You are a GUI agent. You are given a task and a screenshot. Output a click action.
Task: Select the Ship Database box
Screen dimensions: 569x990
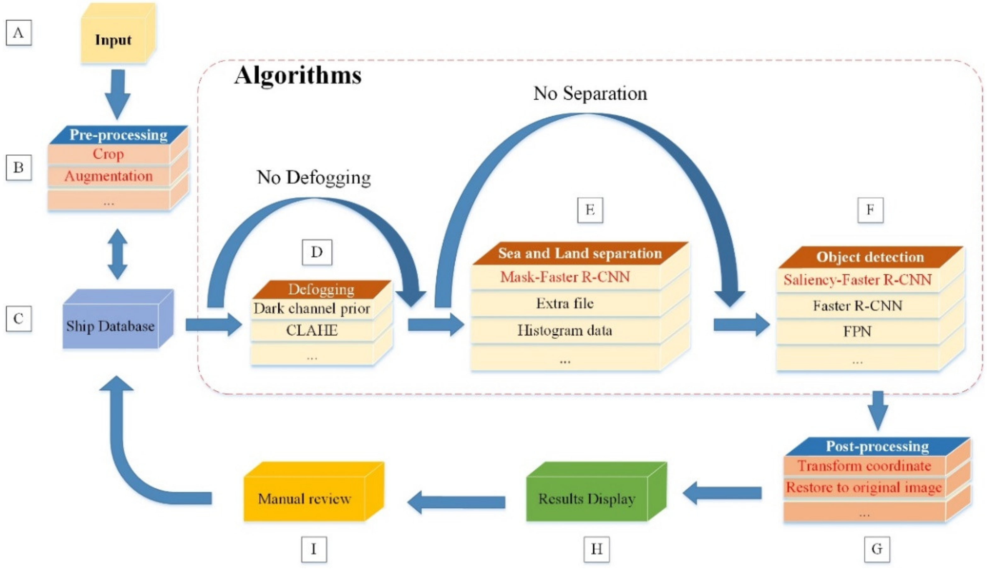(x=111, y=326)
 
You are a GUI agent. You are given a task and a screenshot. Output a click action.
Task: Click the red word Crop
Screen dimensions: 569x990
(x=108, y=154)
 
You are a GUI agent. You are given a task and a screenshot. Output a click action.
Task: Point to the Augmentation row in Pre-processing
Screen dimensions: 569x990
(x=109, y=176)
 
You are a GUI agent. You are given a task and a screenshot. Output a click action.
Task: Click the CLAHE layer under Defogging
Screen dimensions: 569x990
(x=312, y=330)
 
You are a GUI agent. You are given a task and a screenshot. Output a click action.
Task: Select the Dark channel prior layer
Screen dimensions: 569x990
(x=312, y=309)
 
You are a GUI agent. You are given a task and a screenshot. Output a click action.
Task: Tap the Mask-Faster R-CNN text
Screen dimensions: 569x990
(x=565, y=277)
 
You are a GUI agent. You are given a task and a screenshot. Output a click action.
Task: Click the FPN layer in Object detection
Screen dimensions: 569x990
(x=857, y=331)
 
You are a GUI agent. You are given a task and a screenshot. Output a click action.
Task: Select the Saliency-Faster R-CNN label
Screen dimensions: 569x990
(x=857, y=280)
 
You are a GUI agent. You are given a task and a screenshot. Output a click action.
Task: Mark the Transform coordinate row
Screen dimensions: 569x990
(x=864, y=466)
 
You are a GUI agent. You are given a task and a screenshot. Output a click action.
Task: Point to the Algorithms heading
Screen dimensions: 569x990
(x=298, y=75)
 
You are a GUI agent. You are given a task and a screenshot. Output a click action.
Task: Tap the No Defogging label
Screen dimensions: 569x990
(x=314, y=177)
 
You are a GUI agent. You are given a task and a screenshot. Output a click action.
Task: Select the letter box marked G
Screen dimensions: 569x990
(x=877, y=549)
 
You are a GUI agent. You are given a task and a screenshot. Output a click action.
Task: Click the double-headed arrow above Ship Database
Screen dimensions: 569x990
(x=117, y=254)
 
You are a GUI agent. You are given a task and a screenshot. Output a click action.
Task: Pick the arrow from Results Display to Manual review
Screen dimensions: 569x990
(x=457, y=502)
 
